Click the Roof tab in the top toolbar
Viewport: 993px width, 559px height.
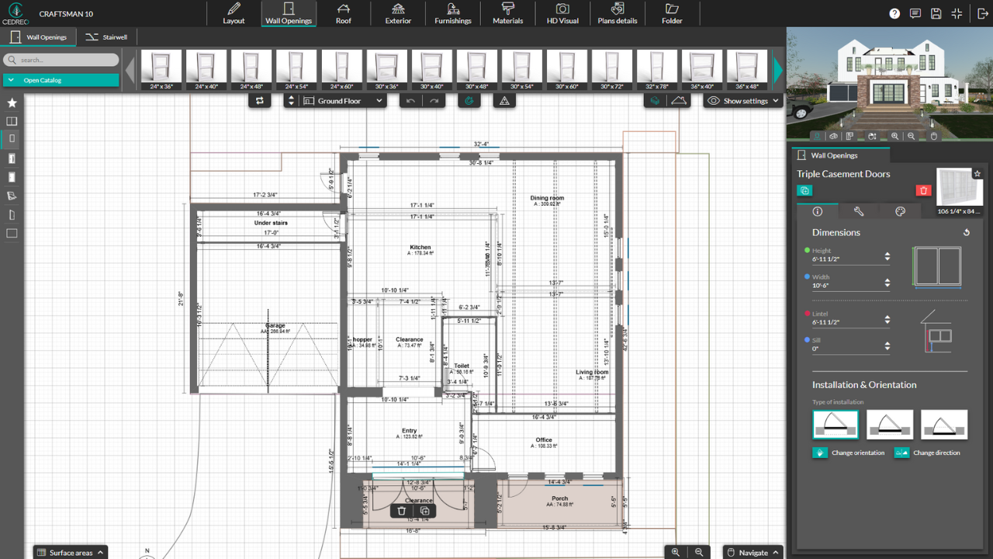point(343,14)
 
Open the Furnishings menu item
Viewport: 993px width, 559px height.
point(452,14)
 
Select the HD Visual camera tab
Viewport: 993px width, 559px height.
point(562,14)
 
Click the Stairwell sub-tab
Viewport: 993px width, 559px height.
point(107,37)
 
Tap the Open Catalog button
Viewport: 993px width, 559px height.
point(61,80)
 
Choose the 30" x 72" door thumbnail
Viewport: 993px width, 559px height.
point(612,70)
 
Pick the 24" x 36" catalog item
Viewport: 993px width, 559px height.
point(162,70)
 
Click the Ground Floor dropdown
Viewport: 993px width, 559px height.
point(343,101)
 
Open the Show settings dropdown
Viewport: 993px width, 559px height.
point(743,101)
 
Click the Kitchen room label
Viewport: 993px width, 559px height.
point(420,248)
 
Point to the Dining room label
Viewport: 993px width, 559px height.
point(547,198)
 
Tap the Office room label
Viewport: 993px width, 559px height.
point(543,440)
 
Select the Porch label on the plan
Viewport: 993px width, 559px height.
point(559,498)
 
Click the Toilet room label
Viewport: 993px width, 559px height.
point(462,366)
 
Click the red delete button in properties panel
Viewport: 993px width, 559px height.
point(923,190)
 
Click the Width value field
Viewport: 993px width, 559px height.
point(846,286)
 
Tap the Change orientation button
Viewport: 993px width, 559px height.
point(849,453)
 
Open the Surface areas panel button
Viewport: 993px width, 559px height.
point(70,552)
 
